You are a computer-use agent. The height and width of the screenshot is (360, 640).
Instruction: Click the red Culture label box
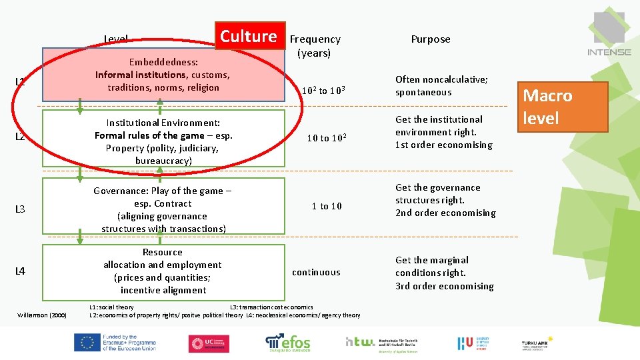[249, 37]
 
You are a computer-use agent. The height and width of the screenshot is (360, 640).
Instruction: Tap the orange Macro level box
[565, 107]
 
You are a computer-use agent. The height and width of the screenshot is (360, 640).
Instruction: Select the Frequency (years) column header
[315, 45]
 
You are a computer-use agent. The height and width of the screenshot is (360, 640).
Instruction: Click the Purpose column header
[431, 39]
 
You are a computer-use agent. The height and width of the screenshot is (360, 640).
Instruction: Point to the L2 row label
[20, 137]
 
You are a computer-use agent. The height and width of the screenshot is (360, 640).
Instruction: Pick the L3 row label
[20, 209]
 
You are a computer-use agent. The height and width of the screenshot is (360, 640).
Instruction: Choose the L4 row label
[20, 271]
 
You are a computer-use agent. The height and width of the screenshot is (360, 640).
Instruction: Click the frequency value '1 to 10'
[327, 206]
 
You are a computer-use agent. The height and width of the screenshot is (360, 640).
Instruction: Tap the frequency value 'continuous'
[316, 272]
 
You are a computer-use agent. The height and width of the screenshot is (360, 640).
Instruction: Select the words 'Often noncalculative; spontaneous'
[441, 85]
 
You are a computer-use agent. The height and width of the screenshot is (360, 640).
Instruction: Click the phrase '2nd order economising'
[445, 213]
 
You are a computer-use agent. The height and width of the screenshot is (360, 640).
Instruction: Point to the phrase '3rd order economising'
[444, 286]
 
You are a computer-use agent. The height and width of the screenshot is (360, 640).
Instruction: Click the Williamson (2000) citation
[42, 315]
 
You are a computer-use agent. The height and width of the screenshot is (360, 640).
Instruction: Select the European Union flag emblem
[87, 343]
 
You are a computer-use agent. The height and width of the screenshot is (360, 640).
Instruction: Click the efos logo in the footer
[288, 343]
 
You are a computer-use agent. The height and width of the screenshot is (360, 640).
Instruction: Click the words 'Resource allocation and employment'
[163, 259]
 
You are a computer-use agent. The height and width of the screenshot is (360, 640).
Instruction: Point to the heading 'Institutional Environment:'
[163, 123]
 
